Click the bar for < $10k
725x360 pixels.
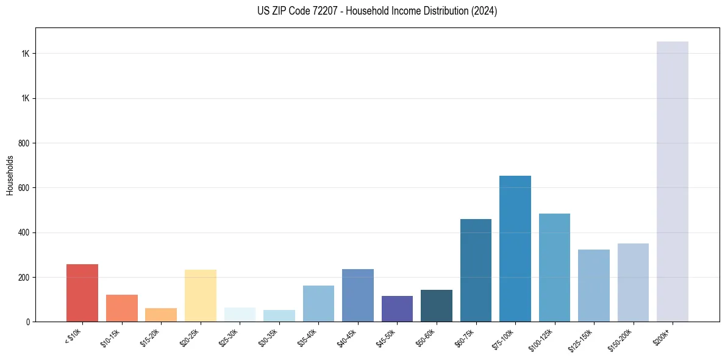coord(82,293)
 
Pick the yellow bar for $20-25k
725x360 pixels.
coord(200,295)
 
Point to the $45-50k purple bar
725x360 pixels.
coord(397,309)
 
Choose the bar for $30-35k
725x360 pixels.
coord(279,315)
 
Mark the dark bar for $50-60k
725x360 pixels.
coord(437,306)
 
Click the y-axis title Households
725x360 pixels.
coord(10,175)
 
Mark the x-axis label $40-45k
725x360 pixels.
coord(346,337)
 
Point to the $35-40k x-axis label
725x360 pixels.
coord(307,337)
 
